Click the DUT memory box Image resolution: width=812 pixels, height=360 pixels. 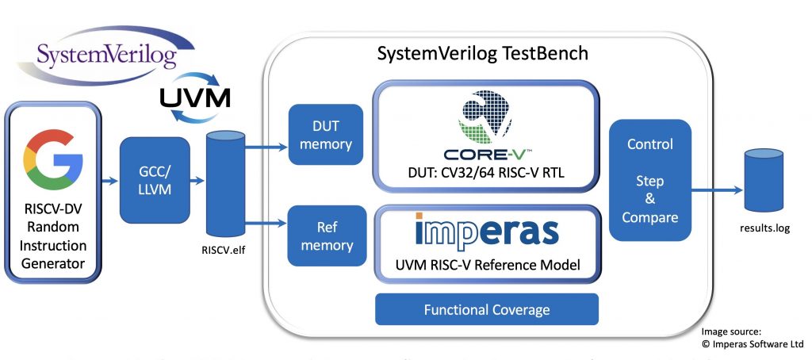click(320, 136)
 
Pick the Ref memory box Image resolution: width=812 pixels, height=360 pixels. click(320, 236)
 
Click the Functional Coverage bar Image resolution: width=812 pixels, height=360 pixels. click(486, 309)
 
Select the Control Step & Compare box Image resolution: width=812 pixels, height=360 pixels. click(649, 181)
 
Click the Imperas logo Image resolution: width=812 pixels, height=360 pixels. click(486, 231)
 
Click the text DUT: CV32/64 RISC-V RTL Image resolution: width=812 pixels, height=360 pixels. click(485, 174)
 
